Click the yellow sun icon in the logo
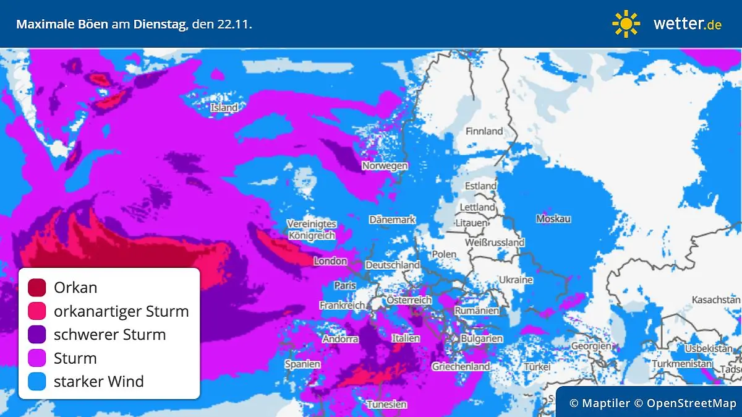click(x=626, y=24)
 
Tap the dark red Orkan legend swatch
click(x=37, y=288)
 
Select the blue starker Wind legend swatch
click(x=37, y=382)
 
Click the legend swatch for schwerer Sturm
click(x=37, y=335)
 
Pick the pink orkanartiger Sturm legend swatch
click(x=37, y=311)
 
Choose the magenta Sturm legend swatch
click(x=37, y=358)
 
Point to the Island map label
click(x=224, y=108)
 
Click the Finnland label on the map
click(x=484, y=131)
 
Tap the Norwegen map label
click(x=385, y=166)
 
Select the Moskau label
click(x=553, y=219)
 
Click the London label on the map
click(x=330, y=261)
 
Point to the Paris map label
click(x=345, y=286)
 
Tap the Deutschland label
click(x=393, y=265)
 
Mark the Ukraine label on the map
click(x=516, y=280)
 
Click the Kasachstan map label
click(x=716, y=299)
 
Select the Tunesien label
click(x=386, y=405)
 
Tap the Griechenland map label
click(x=461, y=366)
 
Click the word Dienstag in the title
click(x=160, y=25)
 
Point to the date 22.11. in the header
click(x=234, y=25)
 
